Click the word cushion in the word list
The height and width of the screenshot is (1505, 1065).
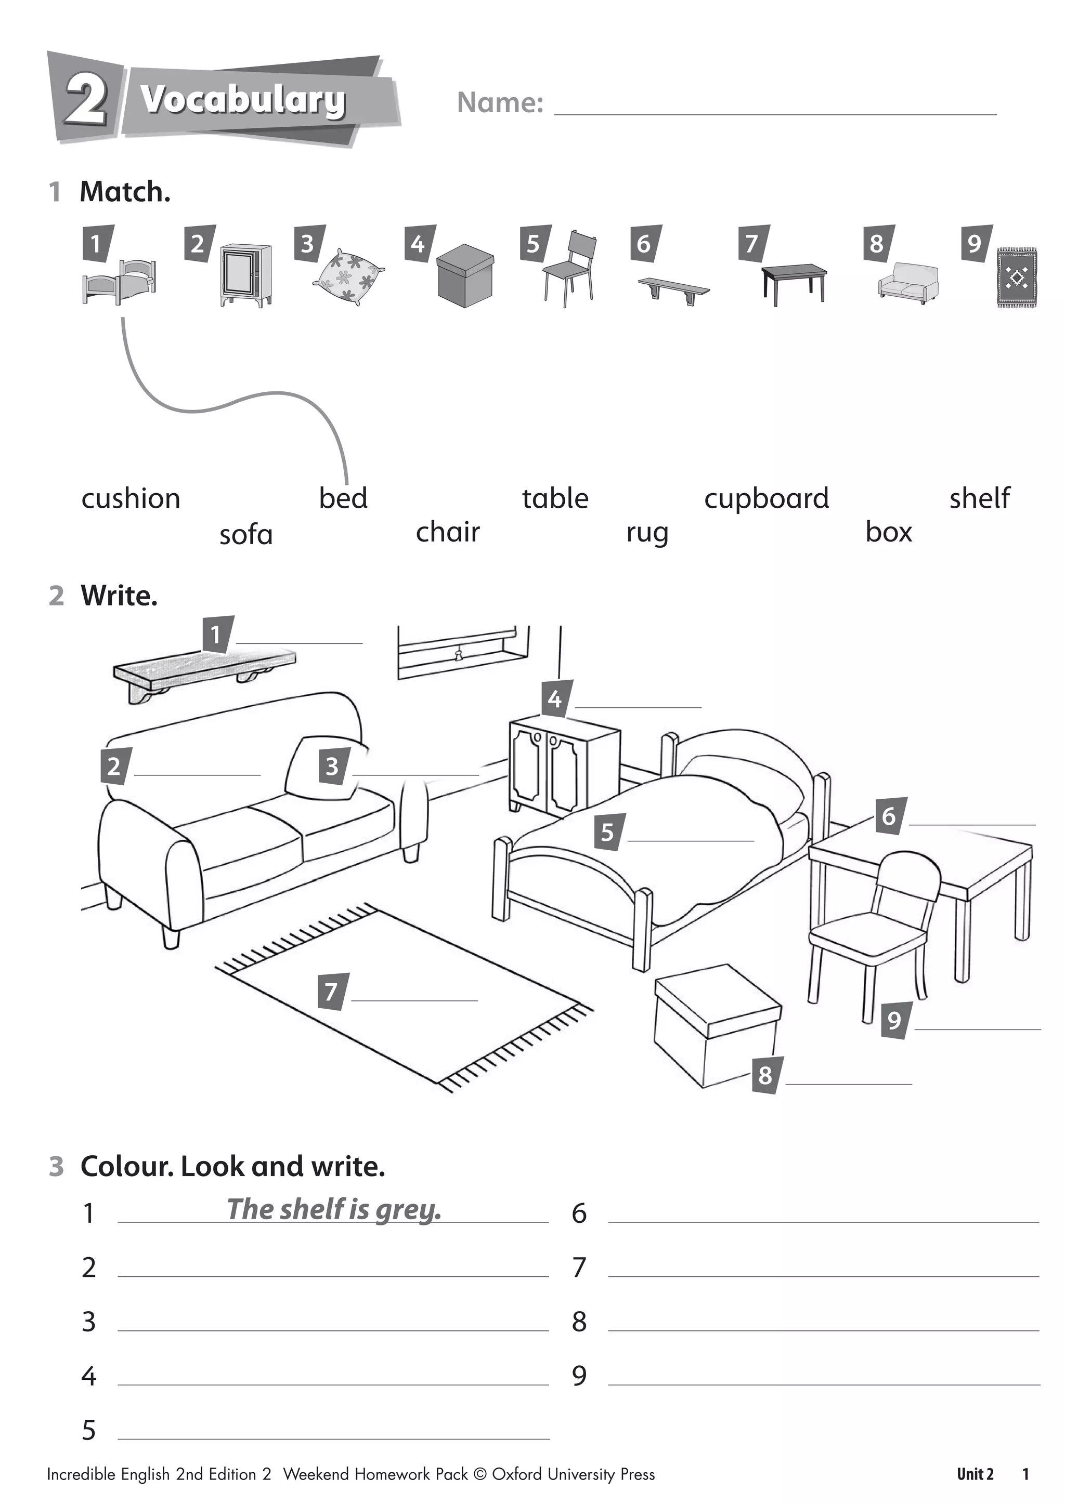coord(131,499)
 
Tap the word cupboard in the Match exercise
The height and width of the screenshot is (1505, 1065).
coord(766,499)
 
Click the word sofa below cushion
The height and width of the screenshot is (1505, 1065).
coord(245,535)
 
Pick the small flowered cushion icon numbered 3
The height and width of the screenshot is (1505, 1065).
coord(347,276)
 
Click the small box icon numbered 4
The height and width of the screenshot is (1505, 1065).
coord(464,275)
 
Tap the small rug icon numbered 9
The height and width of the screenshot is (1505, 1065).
coord(1017,278)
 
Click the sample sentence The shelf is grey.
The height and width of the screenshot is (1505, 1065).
coord(334,1209)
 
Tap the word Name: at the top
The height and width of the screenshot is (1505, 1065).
coord(500,102)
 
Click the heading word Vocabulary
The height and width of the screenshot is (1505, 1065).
coord(243,100)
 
